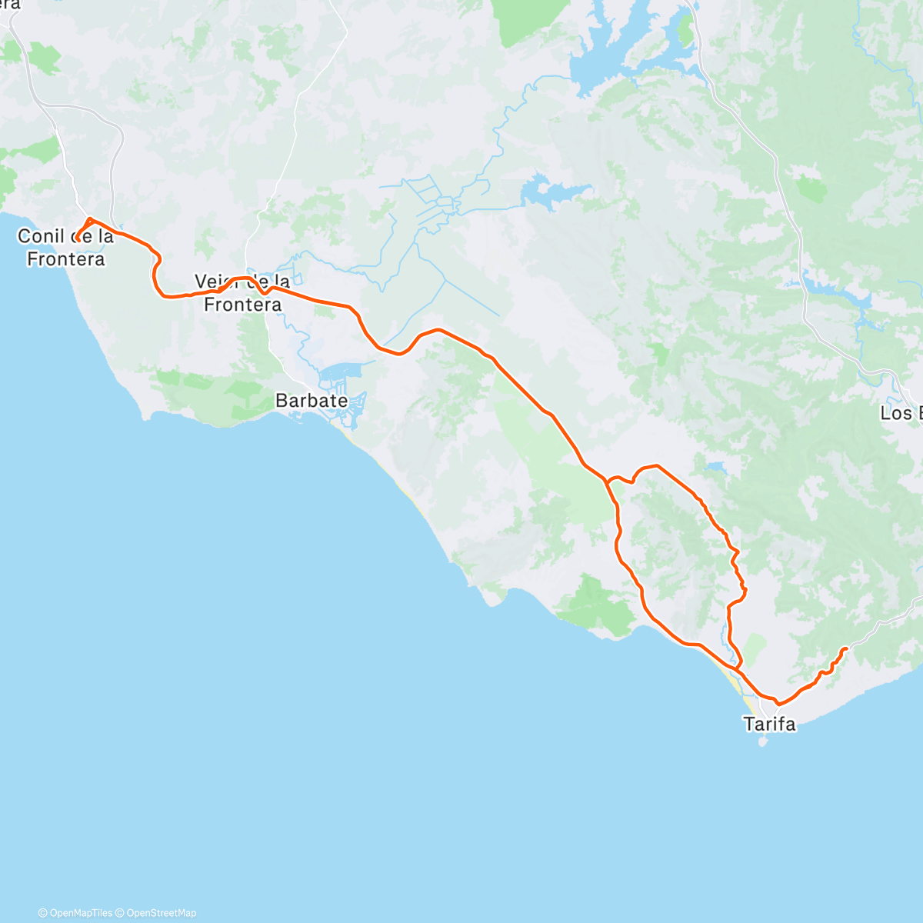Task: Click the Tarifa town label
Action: (x=769, y=724)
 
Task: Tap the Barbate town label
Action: (x=312, y=401)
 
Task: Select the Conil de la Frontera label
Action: (x=65, y=248)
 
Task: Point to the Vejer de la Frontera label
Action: (x=242, y=293)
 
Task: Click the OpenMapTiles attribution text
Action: (x=75, y=913)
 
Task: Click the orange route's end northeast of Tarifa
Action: (x=845, y=649)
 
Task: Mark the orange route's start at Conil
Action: (x=77, y=238)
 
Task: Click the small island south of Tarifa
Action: (x=763, y=742)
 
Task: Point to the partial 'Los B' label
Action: (x=901, y=414)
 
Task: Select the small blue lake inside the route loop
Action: (x=715, y=467)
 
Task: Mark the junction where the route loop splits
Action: (x=608, y=481)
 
